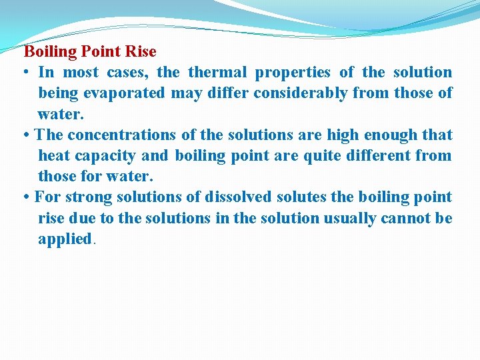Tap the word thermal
tap(217, 72)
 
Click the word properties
tap(293, 73)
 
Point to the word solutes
tap(296, 197)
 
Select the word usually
tap(348, 218)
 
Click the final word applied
tap(65, 239)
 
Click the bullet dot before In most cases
tap(26, 73)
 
